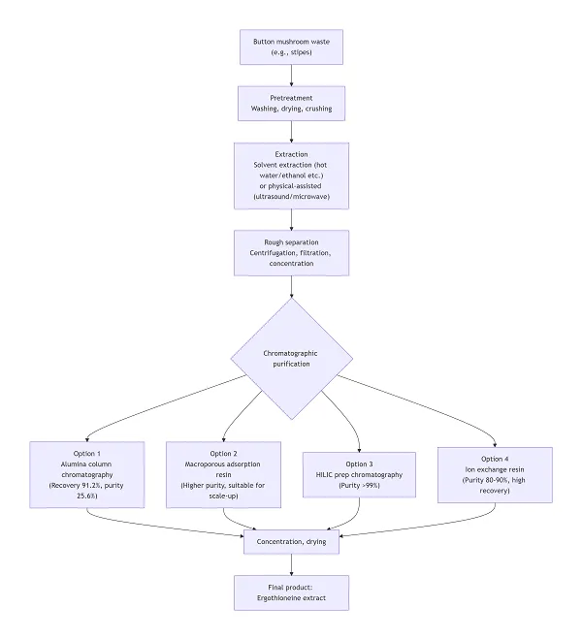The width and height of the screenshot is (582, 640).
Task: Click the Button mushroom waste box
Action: pos(291,46)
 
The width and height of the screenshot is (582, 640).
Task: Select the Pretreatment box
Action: pos(291,104)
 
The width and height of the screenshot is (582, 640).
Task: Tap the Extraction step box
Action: pos(291,175)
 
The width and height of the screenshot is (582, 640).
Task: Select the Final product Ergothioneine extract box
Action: pos(291,592)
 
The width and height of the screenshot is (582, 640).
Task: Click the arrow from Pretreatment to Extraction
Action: pos(291,133)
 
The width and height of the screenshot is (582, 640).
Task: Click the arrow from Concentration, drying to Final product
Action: pos(291,566)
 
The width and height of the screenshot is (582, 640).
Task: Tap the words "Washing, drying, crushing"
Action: pos(291,110)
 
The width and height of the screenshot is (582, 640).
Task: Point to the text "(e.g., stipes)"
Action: pos(291,52)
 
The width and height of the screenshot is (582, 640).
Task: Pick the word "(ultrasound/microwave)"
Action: pos(291,197)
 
